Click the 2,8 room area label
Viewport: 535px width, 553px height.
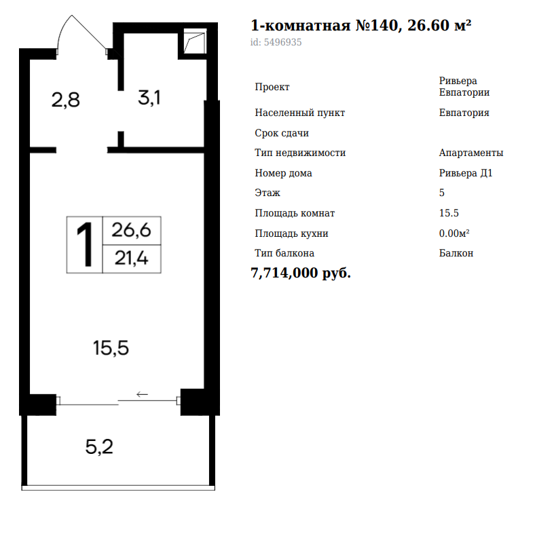66,100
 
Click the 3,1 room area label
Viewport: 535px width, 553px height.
149,97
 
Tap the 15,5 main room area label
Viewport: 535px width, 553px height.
111,348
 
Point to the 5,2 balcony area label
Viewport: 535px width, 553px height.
99,447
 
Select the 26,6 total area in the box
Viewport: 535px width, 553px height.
131,230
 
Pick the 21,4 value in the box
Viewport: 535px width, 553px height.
131,258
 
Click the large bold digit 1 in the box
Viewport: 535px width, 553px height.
85,244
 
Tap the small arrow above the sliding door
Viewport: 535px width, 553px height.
142,394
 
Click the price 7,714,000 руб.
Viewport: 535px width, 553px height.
301,273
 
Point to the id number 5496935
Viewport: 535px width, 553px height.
282,42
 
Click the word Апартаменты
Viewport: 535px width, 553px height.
471,153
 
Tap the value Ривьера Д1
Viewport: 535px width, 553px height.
466,173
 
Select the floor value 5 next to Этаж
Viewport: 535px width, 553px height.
442,193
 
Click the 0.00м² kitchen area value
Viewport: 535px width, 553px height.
454,233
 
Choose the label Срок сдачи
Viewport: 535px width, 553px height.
282,133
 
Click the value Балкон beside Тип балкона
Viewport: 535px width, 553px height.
456,253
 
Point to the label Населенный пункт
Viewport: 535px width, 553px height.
299,113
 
